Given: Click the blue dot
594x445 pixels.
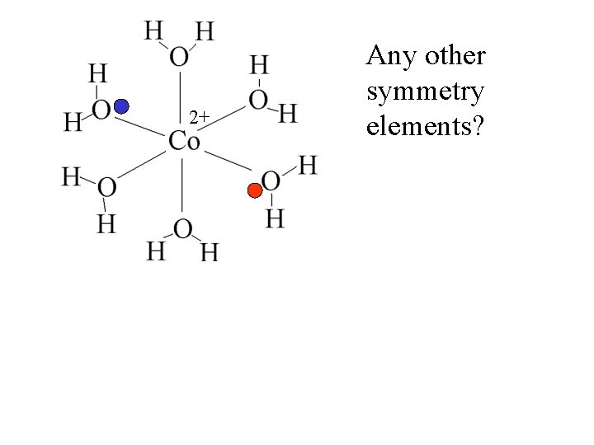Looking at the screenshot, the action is coord(121,105).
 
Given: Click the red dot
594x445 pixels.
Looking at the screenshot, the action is coord(255,191).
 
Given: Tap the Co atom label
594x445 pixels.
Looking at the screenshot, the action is coord(183,141).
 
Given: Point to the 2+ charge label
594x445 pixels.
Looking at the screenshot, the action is coord(198,118).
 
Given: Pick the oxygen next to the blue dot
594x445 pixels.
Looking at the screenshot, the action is coord(101,110).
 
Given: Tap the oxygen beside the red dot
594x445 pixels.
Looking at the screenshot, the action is coord(271,181).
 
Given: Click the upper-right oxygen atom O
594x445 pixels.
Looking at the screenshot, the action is coord(258,100).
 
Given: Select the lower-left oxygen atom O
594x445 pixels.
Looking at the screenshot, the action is coord(106,189).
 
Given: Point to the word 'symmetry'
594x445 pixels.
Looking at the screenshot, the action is coord(425,92).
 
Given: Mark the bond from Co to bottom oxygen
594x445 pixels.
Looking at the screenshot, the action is coord(181,186).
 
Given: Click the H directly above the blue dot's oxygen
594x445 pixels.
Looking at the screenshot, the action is coord(97,74).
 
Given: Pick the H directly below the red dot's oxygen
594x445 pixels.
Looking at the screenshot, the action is coord(275,219).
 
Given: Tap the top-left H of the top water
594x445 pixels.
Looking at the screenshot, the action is coord(153,30).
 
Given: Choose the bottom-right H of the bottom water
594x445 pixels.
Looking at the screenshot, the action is coord(210,251).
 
